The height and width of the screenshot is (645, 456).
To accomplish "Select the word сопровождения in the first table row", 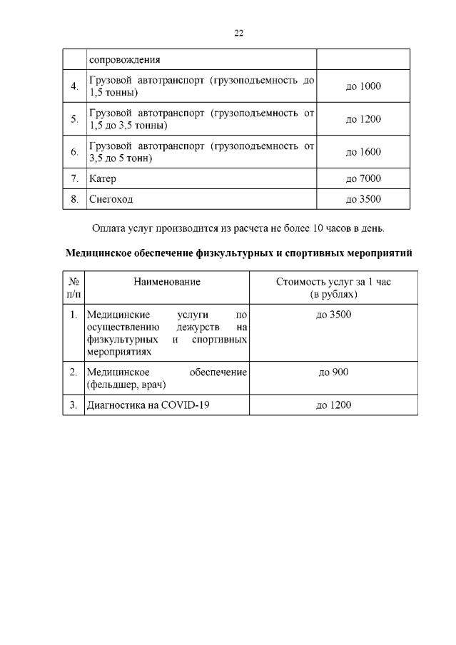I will click(x=125, y=59).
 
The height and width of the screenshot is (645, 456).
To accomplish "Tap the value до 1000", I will click(x=363, y=86).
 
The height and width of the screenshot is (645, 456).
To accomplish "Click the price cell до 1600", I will click(x=363, y=152).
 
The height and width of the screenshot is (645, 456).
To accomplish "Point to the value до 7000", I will click(x=363, y=178).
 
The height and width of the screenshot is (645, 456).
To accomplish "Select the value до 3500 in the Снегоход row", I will click(x=363, y=199).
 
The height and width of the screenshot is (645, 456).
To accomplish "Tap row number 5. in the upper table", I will click(x=74, y=119).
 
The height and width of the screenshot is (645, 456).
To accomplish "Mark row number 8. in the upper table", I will click(x=74, y=199).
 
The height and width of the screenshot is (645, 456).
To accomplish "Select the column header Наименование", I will click(x=166, y=282).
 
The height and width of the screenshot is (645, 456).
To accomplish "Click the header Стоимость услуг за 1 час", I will click(x=333, y=282).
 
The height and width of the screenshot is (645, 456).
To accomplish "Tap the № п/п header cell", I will click(x=74, y=288).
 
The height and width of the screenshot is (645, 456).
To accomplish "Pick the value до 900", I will click(x=333, y=372).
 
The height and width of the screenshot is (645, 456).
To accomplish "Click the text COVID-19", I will click(x=188, y=405).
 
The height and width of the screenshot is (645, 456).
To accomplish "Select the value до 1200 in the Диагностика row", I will click(x=333, y=405).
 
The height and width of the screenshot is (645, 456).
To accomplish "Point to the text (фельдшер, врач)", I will click(x=126, y=385).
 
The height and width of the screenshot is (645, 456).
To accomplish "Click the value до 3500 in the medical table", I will click(x=333, y=315).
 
